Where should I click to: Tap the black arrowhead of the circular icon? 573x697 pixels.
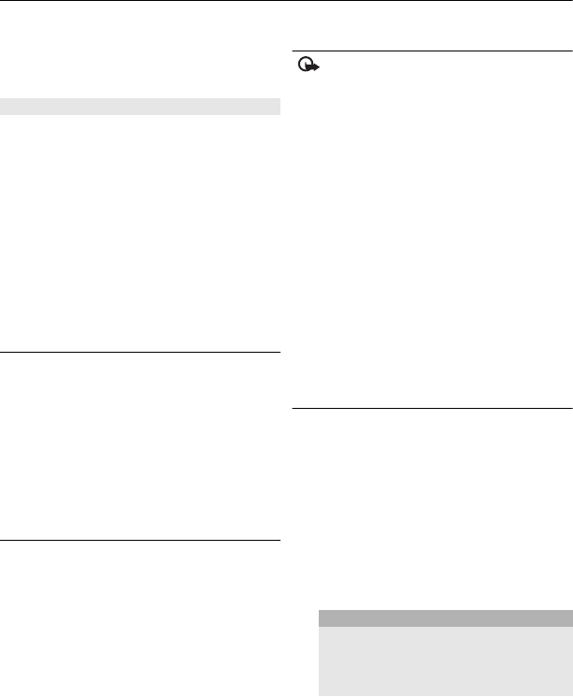point(313,68)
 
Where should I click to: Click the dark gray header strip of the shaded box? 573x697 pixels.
point(444,618)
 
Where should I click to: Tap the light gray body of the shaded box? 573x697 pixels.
point(444,661)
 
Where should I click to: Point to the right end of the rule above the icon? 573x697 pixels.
point(570,51)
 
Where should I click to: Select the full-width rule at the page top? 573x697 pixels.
point(286,2)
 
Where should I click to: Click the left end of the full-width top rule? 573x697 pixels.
point(2,2)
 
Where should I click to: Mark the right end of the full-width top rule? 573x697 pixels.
point(571,2)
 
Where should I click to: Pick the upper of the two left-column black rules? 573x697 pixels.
point(140,353)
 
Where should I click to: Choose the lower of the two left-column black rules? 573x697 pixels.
point(140,540)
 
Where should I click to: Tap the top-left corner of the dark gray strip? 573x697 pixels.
point(319,612)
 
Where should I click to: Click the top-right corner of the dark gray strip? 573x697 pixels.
point(571,612)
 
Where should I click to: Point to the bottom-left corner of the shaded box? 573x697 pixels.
point(319,695)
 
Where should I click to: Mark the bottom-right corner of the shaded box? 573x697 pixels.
point(571,695)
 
